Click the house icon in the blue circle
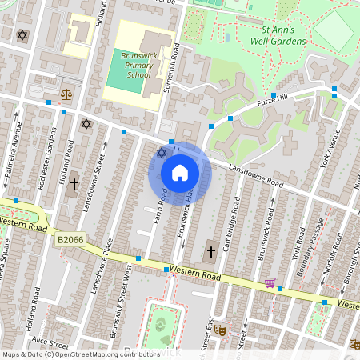point(180,173)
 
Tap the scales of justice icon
point(66,94)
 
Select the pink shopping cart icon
point(270,282)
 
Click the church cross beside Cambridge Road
point(211,252)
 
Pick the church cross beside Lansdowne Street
point(74,184)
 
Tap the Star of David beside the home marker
point(161,152)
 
